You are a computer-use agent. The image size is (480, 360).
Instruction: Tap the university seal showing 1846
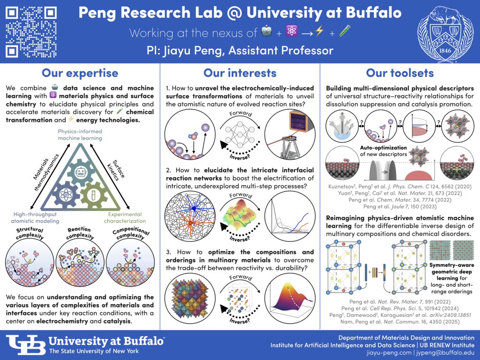(449, 31)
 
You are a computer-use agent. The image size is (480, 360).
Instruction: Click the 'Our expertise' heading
(80, 73)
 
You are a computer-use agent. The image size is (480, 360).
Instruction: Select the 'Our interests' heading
(240, 73)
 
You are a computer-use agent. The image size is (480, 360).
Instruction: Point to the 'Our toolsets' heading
(400, 73)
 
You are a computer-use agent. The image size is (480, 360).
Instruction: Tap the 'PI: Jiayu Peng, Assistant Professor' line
(240, 50)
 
